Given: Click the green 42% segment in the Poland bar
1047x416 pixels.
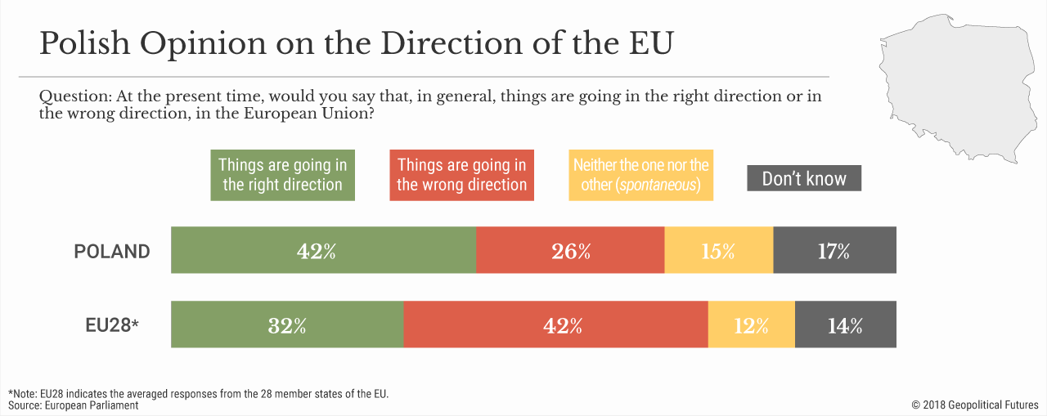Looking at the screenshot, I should coord(323,251).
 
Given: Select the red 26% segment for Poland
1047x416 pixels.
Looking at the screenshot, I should coord(570,251).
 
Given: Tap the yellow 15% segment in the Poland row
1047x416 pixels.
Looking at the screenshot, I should coord(718,251).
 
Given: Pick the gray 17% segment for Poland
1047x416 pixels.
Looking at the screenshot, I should coord(834,251).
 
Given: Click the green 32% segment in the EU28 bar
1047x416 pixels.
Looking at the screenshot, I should coord(287,325).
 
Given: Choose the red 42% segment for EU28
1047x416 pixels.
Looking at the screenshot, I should coord(555,325).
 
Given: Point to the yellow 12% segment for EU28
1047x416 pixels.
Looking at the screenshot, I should coord(751,325).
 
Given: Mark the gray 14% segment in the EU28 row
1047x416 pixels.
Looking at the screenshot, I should coord(845,325).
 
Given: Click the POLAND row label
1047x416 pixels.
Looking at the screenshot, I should coord(112,252).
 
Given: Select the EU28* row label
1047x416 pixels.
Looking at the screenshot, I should coord(112,325).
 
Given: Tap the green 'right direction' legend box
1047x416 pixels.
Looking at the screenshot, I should coord(282,175).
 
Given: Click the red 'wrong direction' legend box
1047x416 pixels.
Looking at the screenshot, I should coord(461,175).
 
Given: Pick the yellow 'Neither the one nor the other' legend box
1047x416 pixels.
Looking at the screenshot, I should coord(640,175).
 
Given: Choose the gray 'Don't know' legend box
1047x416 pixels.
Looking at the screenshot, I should coord(804,178).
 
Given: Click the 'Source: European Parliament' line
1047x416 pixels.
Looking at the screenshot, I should coord(74,405).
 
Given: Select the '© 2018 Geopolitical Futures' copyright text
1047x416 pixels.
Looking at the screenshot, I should coord(975,405).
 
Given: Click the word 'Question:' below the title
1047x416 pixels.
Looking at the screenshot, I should coord(75,96).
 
